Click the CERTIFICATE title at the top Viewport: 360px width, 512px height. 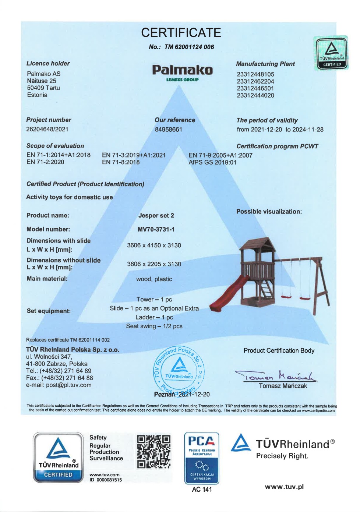[181, 33]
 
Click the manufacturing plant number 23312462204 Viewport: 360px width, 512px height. [255, 81]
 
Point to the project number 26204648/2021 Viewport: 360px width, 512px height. [47, 129]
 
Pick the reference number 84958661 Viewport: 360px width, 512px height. [168, 130]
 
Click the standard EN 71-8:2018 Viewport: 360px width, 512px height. [121, 162]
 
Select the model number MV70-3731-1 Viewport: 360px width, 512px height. [156, 229]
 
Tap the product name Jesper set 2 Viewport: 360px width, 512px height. [156, 216]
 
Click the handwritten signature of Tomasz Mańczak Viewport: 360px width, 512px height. [276, 376]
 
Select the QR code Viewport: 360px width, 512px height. [154, 452]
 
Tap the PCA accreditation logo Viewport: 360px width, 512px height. [201, 458]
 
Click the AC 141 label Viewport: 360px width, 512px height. [202, 490]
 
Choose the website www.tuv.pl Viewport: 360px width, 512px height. [284, 487]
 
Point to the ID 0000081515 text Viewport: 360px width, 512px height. [106, 480]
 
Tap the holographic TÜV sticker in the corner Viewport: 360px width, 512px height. [331, 53]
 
